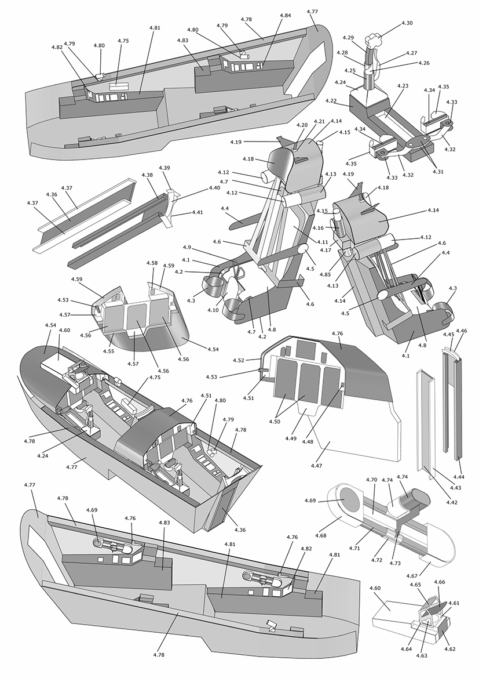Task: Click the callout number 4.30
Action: (407, 23)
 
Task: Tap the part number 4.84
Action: (286, 15)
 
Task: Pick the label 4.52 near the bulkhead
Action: (239, 360)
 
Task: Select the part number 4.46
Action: (462, 331)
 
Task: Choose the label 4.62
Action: (450, 649)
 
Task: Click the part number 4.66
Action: (439, 582)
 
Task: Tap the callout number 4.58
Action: (152, 263)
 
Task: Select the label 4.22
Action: (331, 101)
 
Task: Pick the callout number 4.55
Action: (108, 351)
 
